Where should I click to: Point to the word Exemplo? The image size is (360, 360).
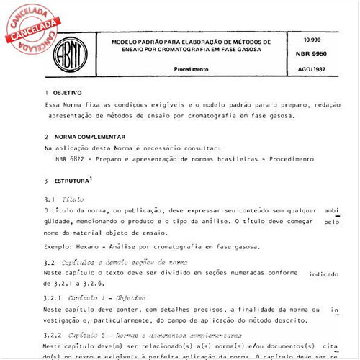click(58, 246)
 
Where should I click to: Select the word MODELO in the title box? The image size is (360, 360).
click(125, 42)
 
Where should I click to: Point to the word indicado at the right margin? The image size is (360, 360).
click(324, 274)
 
